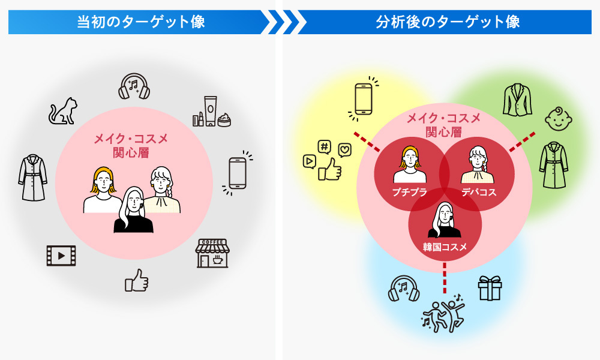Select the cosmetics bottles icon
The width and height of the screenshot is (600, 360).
click(211, 112)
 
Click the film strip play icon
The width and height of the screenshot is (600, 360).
click(61, 256)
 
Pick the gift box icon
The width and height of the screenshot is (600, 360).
click(490, 288)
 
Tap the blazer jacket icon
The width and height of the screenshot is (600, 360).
click(517, 99)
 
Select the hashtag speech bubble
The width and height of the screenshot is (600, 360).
click(325, 146)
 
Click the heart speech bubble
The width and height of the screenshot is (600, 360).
click(344, 150)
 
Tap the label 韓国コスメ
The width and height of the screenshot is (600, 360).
click(445, 246)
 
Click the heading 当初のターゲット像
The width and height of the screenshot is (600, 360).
click(141, 22)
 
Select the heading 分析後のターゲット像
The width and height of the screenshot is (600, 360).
click(448, 22)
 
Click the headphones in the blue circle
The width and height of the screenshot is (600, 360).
click(404, 288)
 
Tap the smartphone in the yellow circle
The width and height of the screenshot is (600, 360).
click(364, 98)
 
